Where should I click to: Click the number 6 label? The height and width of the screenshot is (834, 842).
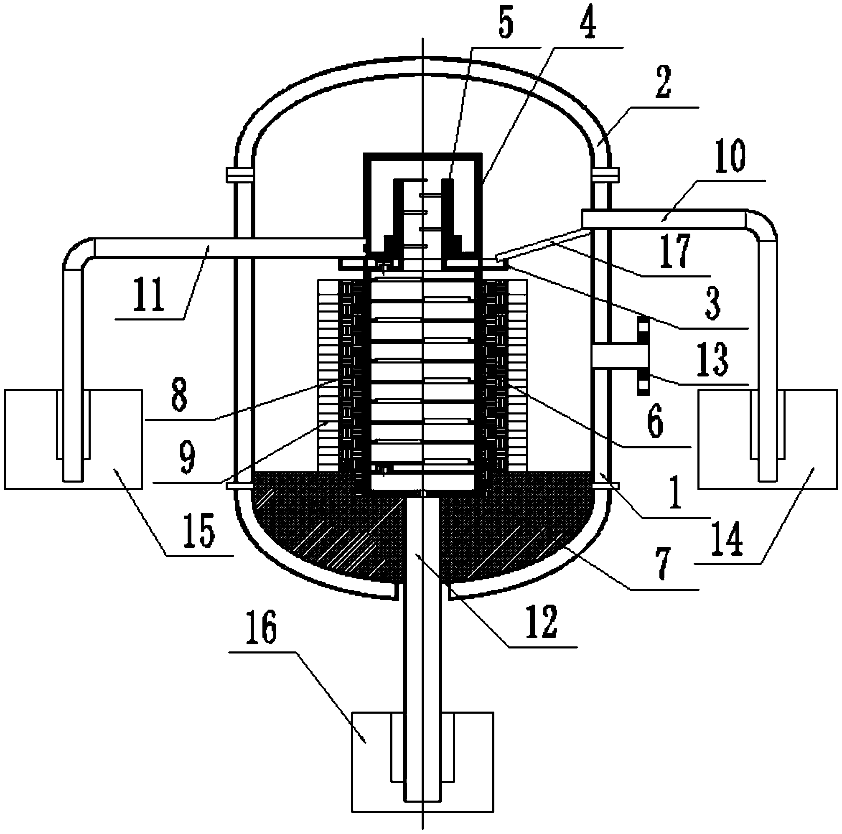click(x=655, y=420)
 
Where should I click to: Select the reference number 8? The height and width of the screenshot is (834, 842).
click(x=179, y=395)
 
